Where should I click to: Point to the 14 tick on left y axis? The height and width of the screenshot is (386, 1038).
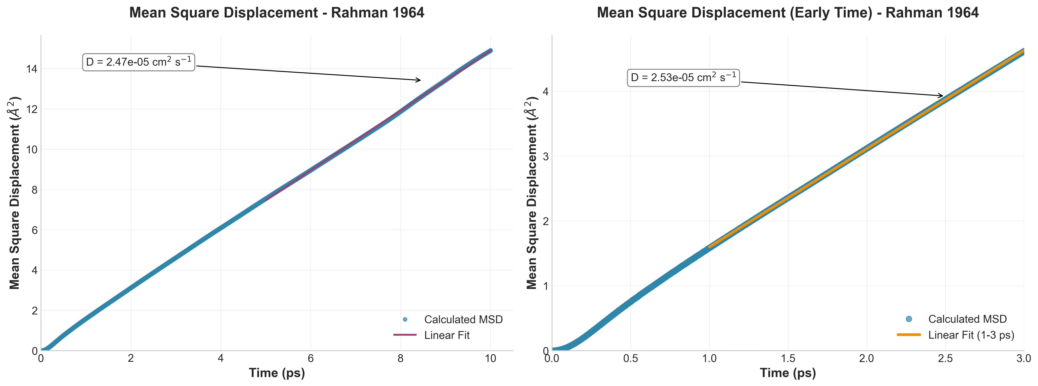pos(31,69)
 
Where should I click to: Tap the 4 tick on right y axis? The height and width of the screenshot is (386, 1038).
pos(546,92)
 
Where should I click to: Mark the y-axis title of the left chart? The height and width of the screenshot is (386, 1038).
pos(15,193)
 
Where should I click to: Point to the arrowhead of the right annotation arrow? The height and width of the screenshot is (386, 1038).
pos(942,96)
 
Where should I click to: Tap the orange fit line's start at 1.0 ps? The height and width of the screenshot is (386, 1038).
pos(709,246)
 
